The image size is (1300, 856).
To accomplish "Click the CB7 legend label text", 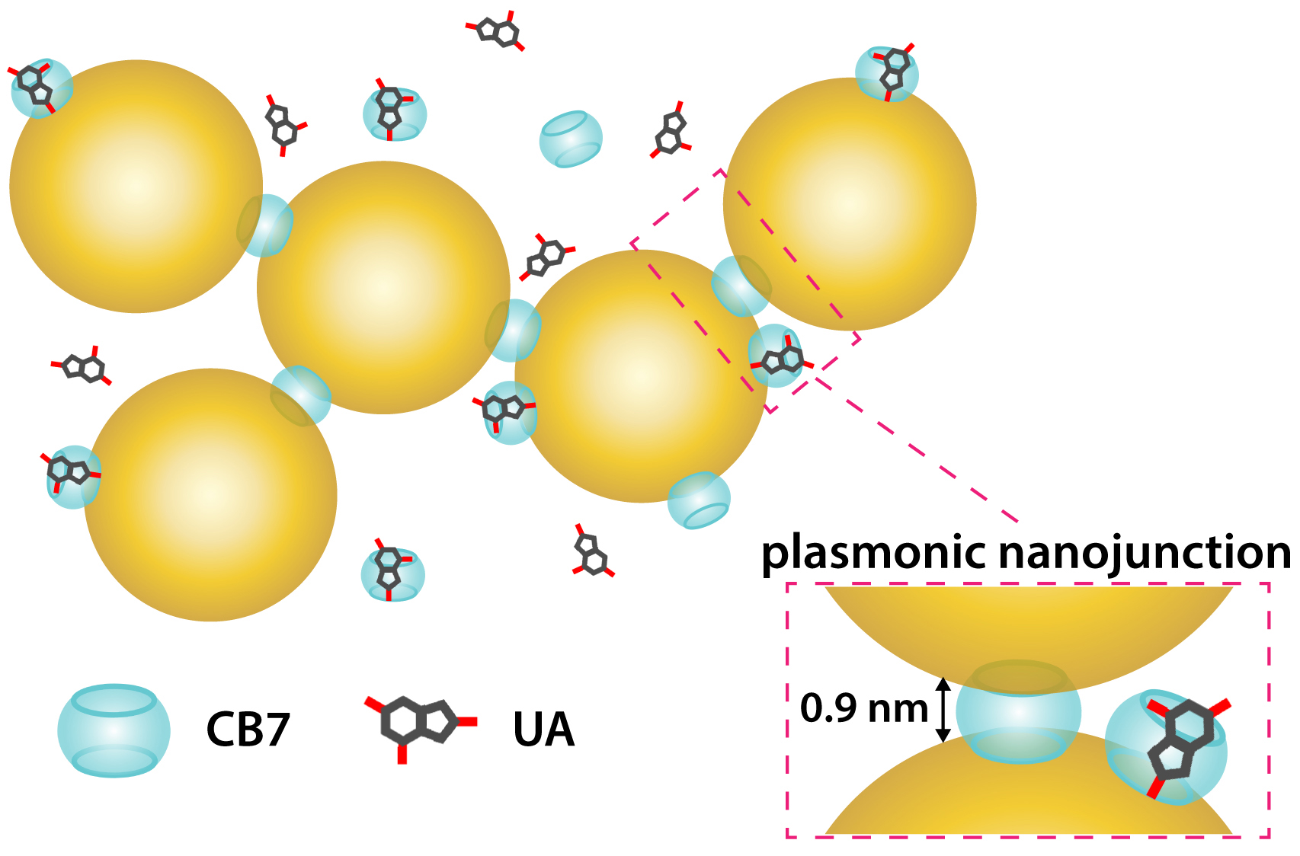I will (x=248, y=729).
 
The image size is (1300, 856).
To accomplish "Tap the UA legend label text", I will (x=543, y=729).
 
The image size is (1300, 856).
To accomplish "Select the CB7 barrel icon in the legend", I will (x=114, y=730).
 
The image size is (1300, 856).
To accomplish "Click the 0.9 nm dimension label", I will (x=863, y=708).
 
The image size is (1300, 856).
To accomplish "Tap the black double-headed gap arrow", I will (x=943, y=710).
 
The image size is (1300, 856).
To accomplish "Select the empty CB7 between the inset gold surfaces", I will (x=1019, y=712).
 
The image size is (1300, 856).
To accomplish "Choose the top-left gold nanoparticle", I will (x=136, y=186).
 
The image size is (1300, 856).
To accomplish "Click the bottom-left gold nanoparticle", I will (x=210, y=495).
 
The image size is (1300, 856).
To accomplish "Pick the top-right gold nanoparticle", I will (x=850, y=204).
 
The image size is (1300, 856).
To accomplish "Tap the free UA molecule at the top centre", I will (x=496, y=31).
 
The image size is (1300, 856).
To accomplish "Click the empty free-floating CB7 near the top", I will (x=571, y=139).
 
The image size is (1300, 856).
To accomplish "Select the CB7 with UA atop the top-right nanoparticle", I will (x=888, y=73).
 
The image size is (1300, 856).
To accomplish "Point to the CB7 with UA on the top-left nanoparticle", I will (x=41, y=88).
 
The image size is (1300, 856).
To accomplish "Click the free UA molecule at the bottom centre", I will (x=592, y=552).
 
